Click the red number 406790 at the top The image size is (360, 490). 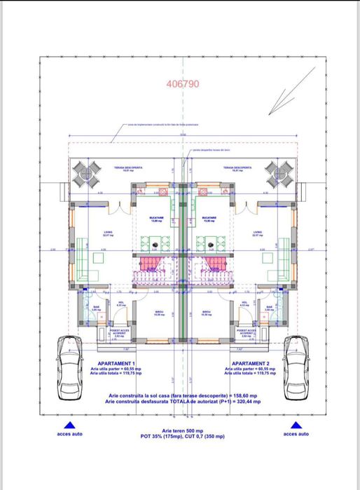tap(183, 83)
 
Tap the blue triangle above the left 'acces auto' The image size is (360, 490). tap(69, 426)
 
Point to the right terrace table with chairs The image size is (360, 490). tap(279, 172)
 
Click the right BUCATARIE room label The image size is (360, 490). tap(208, 219)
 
